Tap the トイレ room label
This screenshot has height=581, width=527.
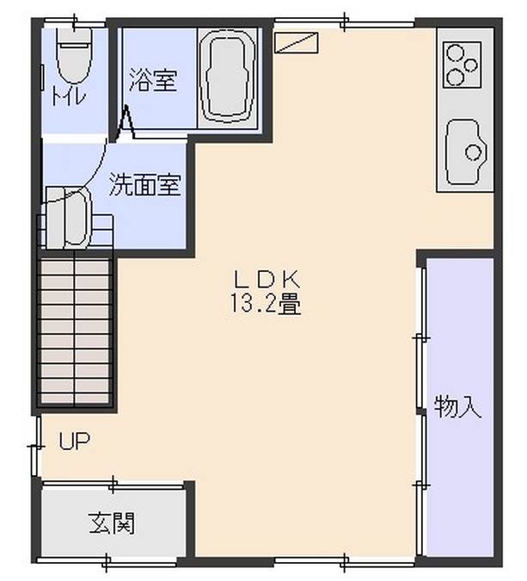(69, 96)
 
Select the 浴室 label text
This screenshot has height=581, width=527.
(153, 81)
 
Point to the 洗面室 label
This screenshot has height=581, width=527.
(144, 184)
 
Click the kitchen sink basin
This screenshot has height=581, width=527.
(466, 151)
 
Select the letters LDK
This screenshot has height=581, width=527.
(266, 279)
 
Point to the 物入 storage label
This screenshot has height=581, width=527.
(457, 406)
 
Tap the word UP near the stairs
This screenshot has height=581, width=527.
(74, 442)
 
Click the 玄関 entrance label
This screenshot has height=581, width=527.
(111, 522)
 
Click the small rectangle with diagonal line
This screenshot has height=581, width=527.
(296, 41)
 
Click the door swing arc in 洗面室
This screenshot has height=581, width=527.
(95, 176)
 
